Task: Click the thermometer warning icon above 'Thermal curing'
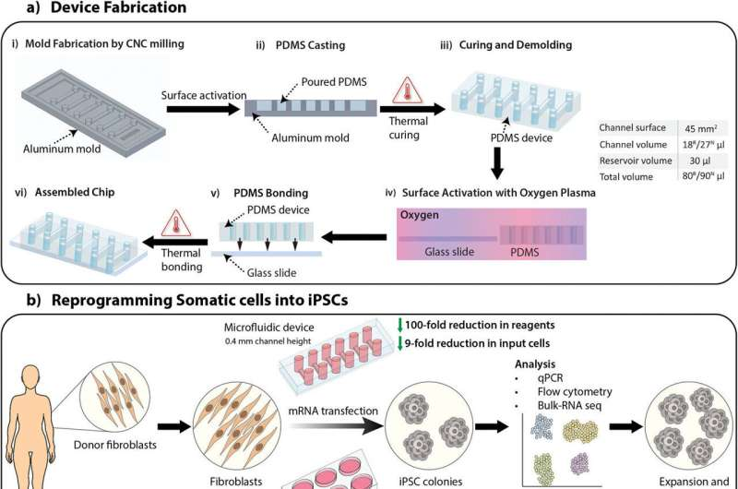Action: pos(401,95)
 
